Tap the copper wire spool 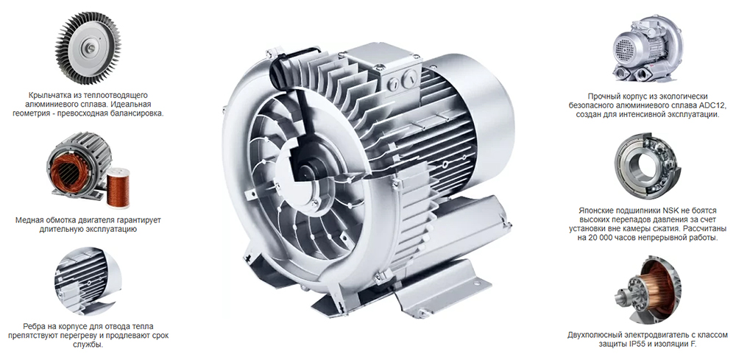click(x=118, y=187)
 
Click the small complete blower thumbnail click(x=648, y=49)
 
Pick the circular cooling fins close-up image click(x=88, y=280)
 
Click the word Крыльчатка click(x=47, y=94)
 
